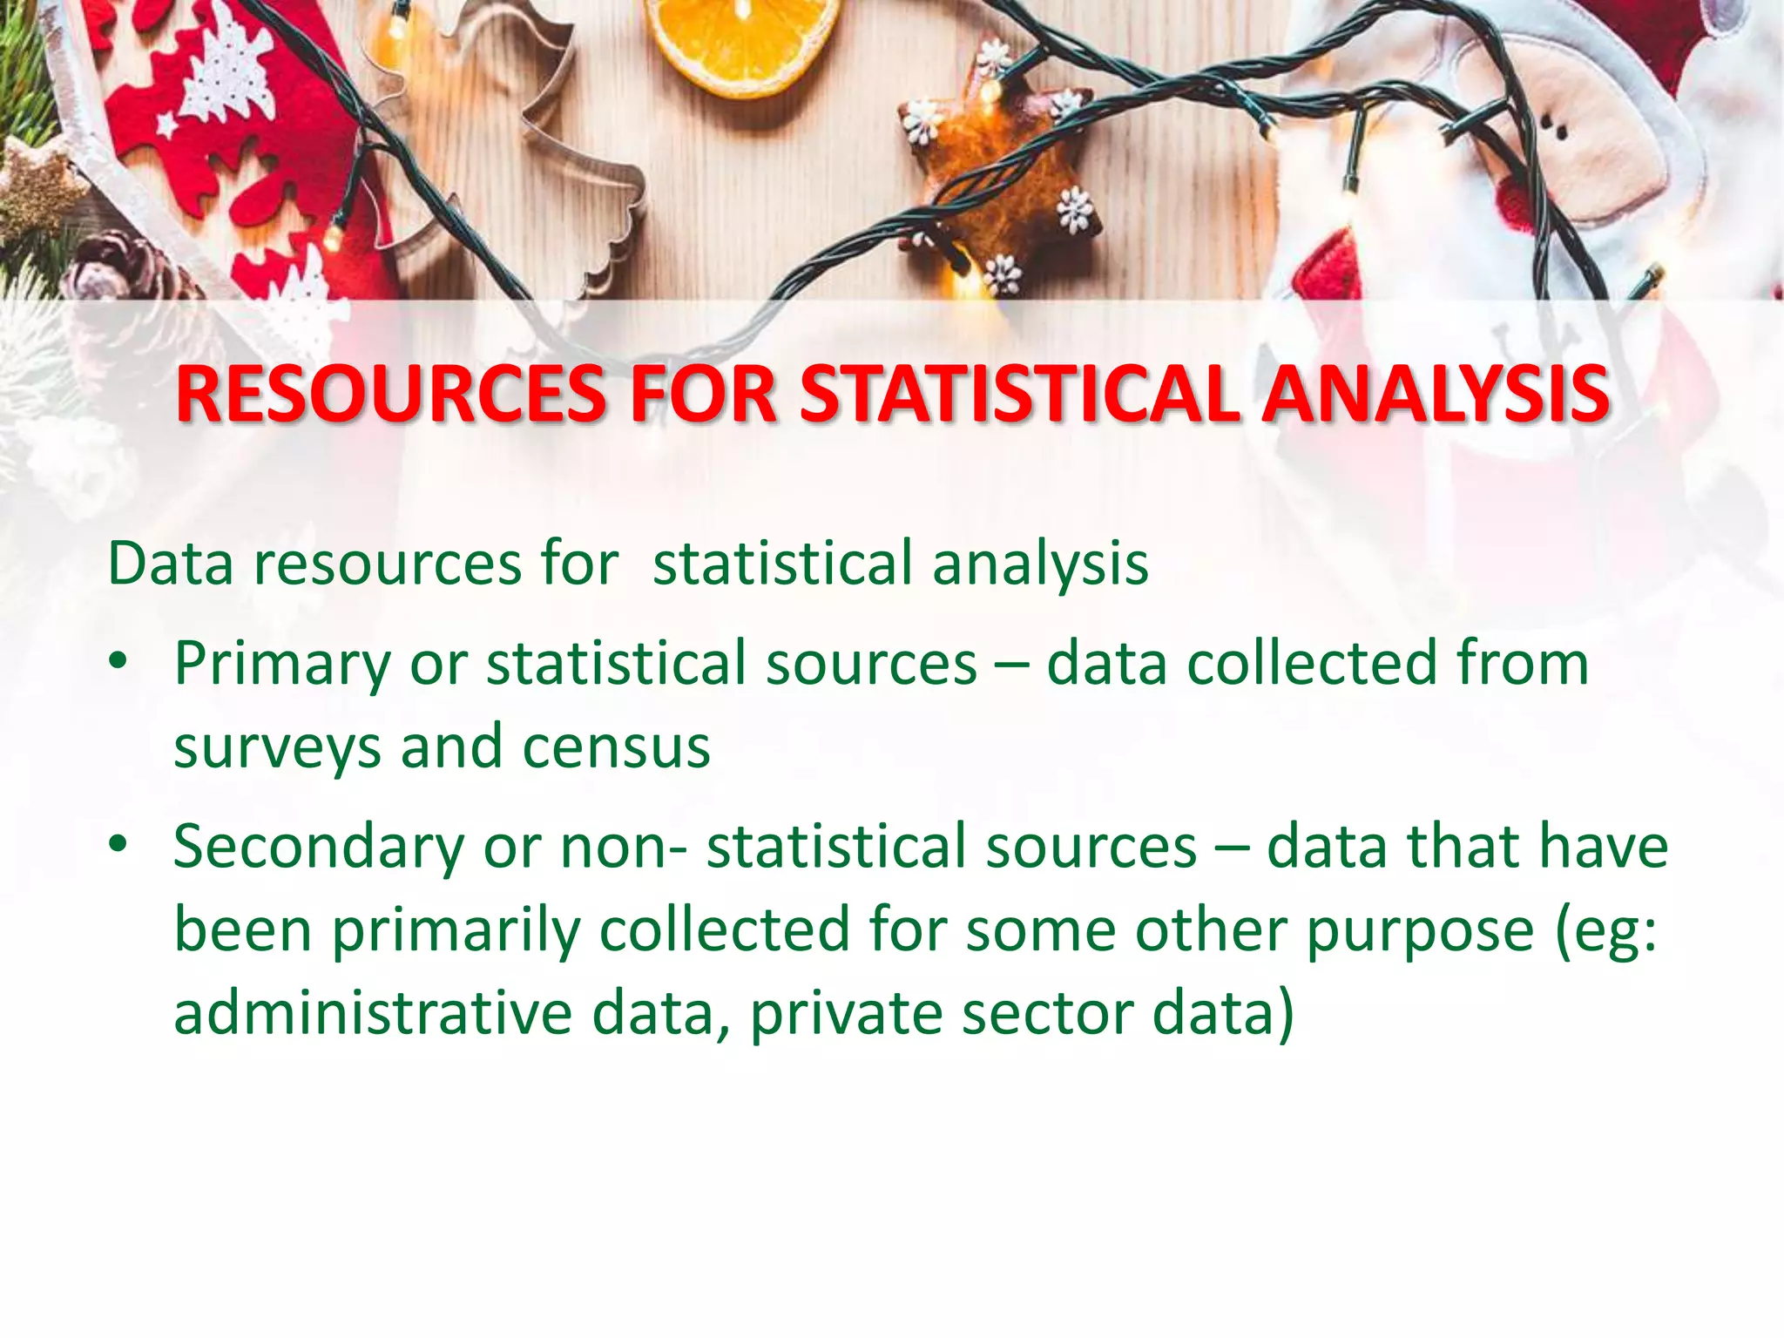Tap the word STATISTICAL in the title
(1019, 395)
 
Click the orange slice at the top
(741, 44)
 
